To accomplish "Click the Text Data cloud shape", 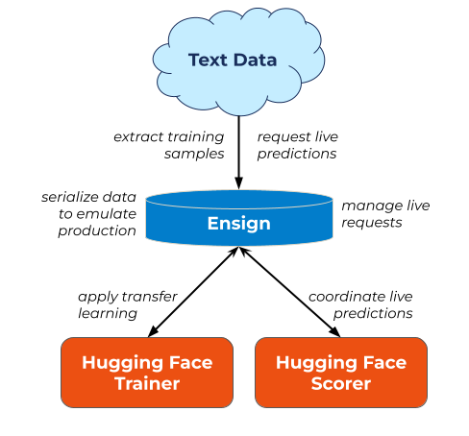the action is click(x=238, y=61).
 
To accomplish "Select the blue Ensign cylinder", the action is click(x=239, y=218).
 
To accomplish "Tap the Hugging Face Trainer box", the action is click(x=147, y=373).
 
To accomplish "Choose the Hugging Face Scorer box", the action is click(x=341, y=373).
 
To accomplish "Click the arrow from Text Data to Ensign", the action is click(x=238, y=153).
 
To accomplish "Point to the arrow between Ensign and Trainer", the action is click(x=193, y=292).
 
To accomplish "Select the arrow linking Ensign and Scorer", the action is click(x=289, y=292).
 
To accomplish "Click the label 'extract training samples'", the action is click(x=169, y=145).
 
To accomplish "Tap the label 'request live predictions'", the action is click(x=298, y=145).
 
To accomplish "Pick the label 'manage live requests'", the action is click(x=385, y=214).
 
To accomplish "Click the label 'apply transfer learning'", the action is click(x=128, y=305).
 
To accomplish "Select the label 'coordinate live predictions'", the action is click(x=360, y=304).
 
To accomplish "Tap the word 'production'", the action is click(x=97, y=231).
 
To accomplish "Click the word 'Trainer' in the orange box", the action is click(x=147, y=383).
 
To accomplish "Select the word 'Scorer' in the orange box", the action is click(x=341, y=383).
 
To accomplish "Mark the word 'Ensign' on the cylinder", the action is click(x=239, y=224).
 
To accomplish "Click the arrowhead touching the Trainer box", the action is click(x=153, y=332).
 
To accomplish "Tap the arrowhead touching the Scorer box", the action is click(x=335, y=332).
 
